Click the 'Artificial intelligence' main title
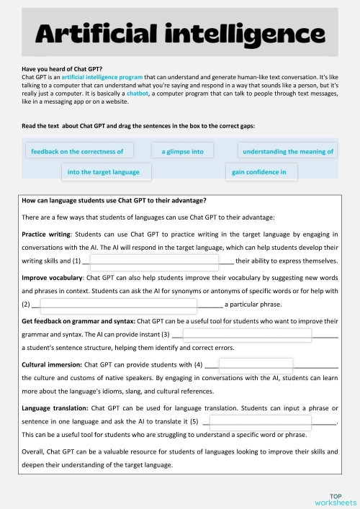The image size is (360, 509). point(179,33)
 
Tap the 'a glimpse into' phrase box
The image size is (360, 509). point(183,151)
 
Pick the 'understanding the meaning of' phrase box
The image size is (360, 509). point(288,151)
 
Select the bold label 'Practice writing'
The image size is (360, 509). point(45,234)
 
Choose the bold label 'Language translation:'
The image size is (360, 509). point(55,407)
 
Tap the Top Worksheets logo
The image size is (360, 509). point(335,499)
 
